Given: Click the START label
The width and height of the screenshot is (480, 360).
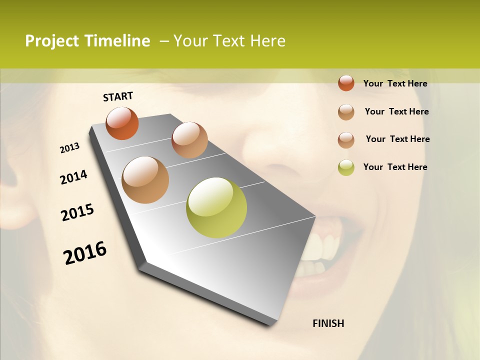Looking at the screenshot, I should click(118, 96).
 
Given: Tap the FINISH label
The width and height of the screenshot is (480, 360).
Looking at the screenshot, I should click(328, 323).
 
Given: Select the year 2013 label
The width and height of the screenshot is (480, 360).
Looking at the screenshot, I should click(69, 148).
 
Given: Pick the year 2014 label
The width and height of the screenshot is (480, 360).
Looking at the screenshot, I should click(73, 177).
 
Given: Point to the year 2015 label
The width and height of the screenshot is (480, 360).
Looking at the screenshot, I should click(77, 212).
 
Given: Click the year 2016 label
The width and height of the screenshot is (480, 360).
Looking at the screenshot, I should click(85, 253).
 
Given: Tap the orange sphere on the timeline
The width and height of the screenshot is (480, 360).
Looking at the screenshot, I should click(122, 123).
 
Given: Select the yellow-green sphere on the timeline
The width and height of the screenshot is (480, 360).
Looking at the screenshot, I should click(216, 207).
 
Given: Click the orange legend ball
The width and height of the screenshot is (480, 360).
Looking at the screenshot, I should click(346, 83).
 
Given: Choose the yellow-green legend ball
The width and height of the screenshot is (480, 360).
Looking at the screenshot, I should click(346, 167).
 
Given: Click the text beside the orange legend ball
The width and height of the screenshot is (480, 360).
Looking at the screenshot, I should click(395, 83).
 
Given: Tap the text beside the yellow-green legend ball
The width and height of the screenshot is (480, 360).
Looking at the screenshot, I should click(395, 167).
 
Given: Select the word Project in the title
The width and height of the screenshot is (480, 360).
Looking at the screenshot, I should click(52, 41).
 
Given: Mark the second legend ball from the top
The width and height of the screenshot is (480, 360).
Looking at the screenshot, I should click(346, 112).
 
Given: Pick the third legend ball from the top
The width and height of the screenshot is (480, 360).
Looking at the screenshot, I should click(346, 140).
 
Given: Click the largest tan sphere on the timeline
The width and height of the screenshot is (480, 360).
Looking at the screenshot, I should click(145, 180).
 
